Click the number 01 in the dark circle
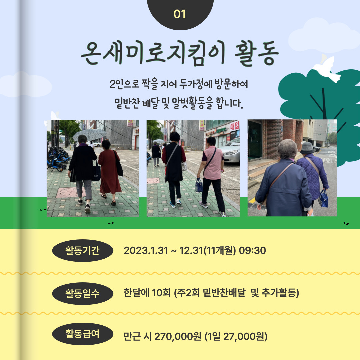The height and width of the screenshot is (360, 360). point(180,14)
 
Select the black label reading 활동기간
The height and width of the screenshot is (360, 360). point(83,250)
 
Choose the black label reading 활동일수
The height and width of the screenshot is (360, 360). point(83,293)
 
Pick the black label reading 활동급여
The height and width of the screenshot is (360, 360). point(83,334)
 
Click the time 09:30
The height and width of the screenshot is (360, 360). point(252,250)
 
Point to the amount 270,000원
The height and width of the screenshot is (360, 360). point(178,337)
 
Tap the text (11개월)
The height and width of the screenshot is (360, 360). point(220,250)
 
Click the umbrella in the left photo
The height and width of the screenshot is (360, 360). point(90,134)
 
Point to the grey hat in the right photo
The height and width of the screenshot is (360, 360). point(307,148)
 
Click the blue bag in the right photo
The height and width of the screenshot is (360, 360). point(323,199)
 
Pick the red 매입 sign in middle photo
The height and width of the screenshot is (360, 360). point(235,126)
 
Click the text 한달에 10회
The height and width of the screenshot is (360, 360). point(147,293)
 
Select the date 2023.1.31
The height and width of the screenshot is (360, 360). point(146,250)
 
